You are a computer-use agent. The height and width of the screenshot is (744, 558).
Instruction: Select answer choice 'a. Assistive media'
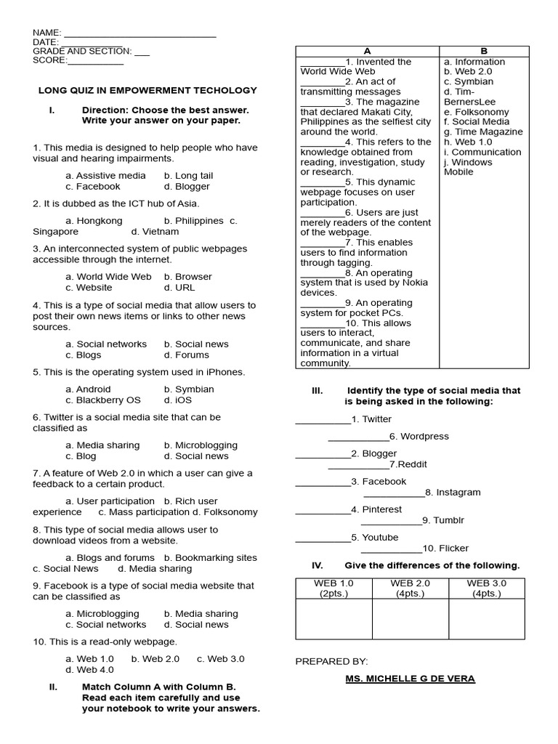point(105,176)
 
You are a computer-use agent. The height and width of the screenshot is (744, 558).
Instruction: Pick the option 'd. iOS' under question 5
point(178,400)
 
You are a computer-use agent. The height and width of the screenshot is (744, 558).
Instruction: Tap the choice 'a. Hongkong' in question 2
point(94,221)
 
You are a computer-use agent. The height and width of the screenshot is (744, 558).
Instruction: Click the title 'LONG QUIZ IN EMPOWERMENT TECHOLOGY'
point(147,91)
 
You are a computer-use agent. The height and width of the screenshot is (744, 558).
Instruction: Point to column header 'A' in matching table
point(367,52)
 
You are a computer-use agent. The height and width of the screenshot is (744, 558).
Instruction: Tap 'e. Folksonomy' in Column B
point(482,112)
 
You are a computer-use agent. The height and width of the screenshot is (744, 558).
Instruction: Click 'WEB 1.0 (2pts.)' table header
point(333,589)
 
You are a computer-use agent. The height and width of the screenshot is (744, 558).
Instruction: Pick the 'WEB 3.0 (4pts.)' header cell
point(487,589)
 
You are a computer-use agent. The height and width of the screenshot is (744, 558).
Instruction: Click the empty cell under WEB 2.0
point(410,618)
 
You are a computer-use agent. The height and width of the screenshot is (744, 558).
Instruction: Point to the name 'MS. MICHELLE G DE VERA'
point(410,679)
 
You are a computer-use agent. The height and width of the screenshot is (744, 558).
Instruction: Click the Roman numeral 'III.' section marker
point(317,391)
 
